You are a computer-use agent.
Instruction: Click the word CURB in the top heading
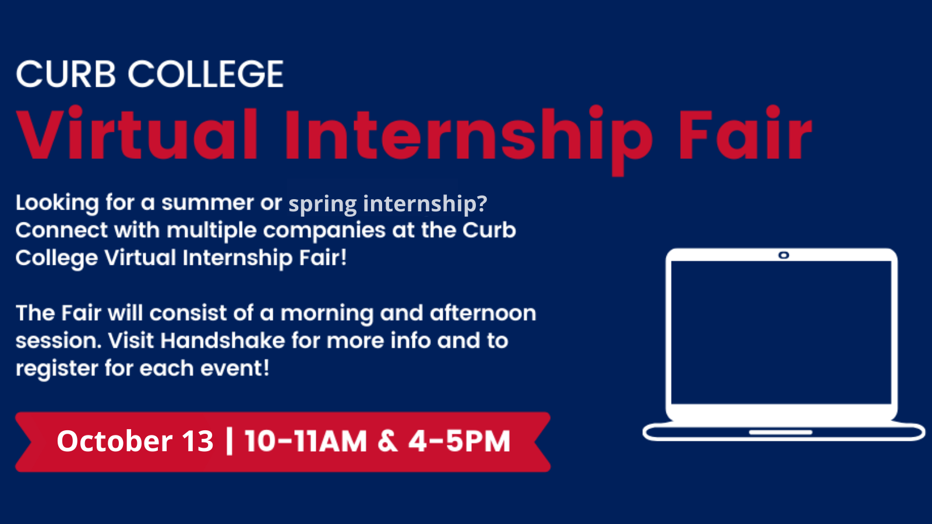(x=66, y=74)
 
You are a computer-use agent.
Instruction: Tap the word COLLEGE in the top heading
(x=206, y=74)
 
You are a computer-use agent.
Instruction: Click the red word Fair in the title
(x=745, y=133)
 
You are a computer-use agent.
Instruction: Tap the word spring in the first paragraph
(x=323, y=204)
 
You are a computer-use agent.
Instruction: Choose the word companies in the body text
(x=324, y=231)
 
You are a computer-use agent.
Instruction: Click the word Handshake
(x=223, y=341)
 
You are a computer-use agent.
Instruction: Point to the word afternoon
(x=483, y=313)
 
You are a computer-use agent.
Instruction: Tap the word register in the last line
(x=57, y=369)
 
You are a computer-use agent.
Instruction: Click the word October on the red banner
(x=114, y=441)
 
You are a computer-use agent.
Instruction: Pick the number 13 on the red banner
(x=197, y=441)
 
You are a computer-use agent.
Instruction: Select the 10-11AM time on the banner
(x=306, y=441)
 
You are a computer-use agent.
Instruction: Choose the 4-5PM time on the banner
(x=460, y=441)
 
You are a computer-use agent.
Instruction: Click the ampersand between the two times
(x=387, y=441)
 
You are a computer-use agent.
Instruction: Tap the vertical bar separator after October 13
(x=229, y=441)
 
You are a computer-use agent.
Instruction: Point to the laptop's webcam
(x=783, y=255)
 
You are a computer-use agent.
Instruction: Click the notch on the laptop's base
(x=781, y=433)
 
